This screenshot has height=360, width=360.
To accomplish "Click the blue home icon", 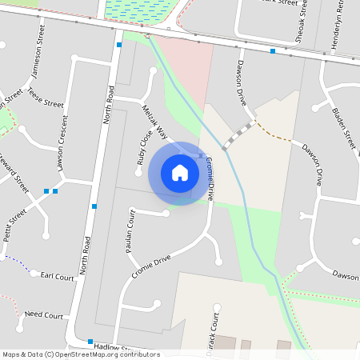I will [x=180, y=173].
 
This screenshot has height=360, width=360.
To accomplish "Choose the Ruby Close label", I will [x=144, y=149].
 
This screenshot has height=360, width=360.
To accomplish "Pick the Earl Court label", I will [x=57, y=277].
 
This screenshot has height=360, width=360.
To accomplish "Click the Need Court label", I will [x=44, y=315].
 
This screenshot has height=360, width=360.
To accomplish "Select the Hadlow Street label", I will [x=111, y=346].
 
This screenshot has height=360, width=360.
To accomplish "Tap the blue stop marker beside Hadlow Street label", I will [x=90, y=342].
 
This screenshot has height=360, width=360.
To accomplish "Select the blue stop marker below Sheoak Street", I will [x=273, y=51].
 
